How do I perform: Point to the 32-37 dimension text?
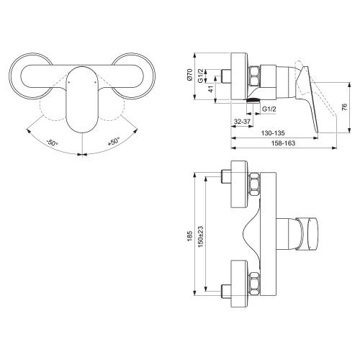tap(243, 122)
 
